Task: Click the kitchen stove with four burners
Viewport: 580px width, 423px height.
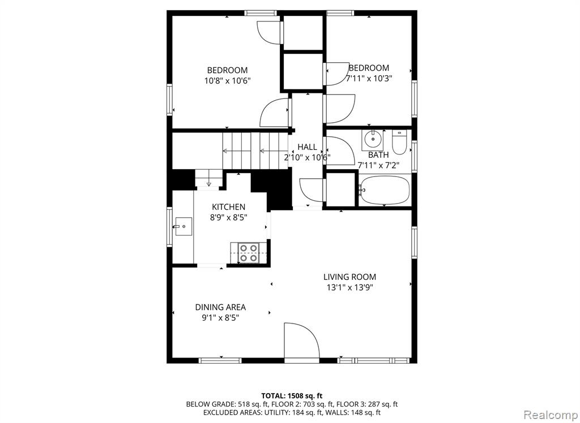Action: pos(248,253)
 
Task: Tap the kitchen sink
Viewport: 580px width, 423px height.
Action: pos(183,226)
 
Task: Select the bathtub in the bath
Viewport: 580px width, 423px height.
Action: pos(385,190)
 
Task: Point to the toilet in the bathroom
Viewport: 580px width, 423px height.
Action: pos(399,143)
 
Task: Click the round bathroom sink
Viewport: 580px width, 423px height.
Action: pos(373,140)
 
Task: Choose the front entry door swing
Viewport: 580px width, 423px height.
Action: pos(301,340)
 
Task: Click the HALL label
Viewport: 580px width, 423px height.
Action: pos(307,147)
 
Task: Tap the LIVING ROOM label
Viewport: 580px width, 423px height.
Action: pos(349,277)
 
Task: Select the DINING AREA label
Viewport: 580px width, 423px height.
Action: pos(220,307)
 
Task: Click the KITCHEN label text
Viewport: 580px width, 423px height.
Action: pos(229,207)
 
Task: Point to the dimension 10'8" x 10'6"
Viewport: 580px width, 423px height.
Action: pos(228,80)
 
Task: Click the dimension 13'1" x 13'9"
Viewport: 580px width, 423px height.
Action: pos(349,287)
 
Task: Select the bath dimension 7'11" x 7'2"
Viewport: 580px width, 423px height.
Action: pos(378,165)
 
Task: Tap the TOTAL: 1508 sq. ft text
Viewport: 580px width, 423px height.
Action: pos(292,396)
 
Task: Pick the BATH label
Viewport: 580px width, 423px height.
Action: pos(378,155)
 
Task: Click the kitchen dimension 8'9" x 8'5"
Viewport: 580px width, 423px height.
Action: pos(229,218)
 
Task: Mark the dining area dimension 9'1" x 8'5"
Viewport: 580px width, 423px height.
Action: pos(220,317)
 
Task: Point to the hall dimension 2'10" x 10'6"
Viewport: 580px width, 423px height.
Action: pos(307,157)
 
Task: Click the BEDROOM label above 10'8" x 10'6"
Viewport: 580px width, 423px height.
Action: pos(228,70)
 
